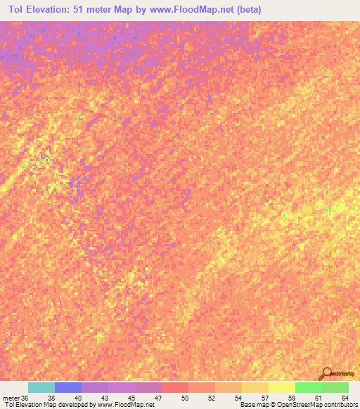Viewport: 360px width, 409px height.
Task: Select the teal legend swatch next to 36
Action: [41, 387]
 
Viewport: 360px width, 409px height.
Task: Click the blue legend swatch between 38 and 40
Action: [68, 387]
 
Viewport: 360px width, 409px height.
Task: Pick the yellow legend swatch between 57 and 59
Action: [281, 387]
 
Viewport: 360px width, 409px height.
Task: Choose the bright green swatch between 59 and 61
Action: [308, 387]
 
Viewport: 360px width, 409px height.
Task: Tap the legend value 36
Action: [26, 397]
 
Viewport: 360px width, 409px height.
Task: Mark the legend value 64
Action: [344, 397]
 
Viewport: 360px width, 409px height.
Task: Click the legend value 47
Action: [158, 397]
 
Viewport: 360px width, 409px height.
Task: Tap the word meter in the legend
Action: [11, 397]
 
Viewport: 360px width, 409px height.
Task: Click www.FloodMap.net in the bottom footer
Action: [126, 405]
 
